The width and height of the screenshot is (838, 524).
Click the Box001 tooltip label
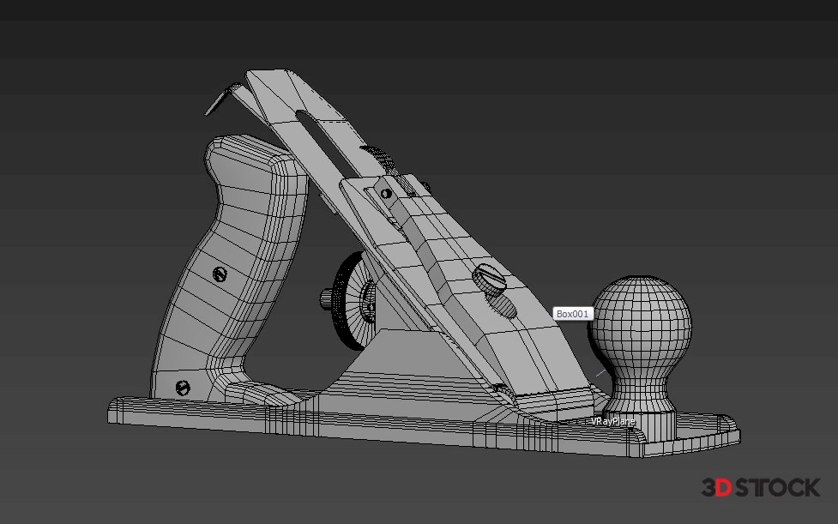(572, 314)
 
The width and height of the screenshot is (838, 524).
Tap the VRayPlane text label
(613, 421)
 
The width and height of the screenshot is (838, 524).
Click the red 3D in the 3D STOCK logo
(716, 488)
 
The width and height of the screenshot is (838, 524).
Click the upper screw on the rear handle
(220, 274)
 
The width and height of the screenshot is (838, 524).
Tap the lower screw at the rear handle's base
(182, 388)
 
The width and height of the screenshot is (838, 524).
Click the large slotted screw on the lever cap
(489, 278)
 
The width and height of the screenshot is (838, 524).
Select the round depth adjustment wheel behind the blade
(353, 302)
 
